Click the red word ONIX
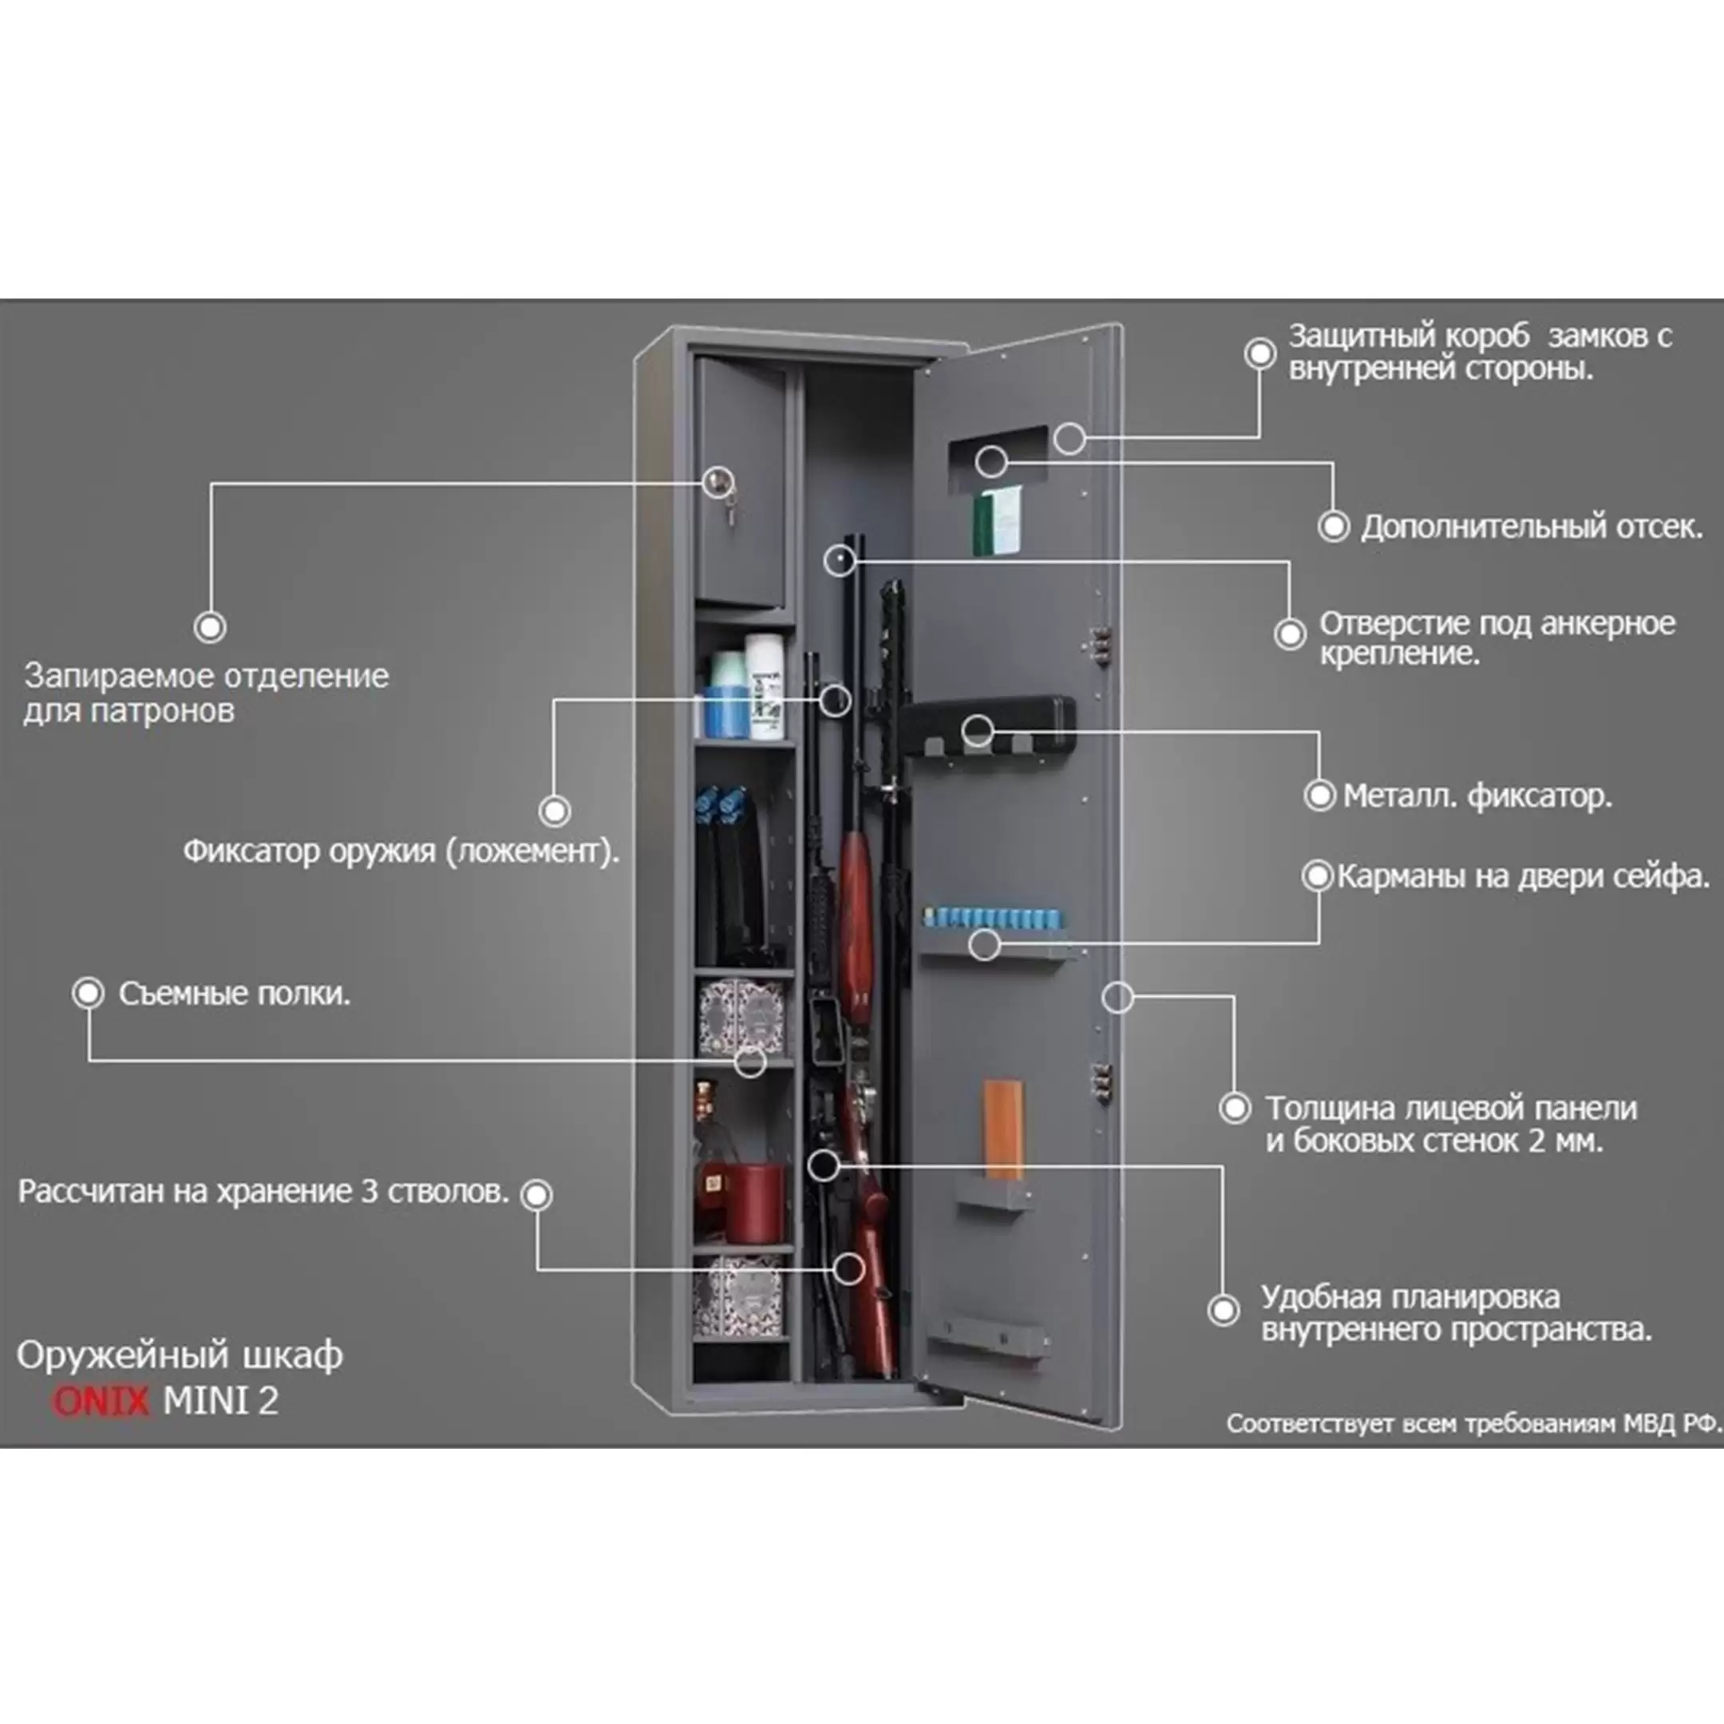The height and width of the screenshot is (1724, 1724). (x=100, y=1400)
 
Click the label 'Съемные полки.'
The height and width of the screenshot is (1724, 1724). (x=234, y=993)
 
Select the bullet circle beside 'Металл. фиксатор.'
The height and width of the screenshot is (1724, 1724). (x=1319, y=794)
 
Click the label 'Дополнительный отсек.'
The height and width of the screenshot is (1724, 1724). (x=1530, y=527)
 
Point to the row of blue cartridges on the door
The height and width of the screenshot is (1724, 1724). (x=993, y=916)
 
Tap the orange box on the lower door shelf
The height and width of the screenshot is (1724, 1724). (x=1003, y=1129)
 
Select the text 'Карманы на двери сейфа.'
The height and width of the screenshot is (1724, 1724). (x=1522, y=876)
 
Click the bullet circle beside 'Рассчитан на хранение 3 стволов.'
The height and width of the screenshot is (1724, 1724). (x=537, y=1194)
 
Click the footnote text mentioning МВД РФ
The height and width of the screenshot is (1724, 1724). (x=1473, y=1422)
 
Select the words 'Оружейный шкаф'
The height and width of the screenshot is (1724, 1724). (x=180, y=1354)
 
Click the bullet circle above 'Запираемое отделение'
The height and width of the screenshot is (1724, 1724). (x=210, y=627)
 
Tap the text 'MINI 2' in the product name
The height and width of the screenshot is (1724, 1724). (x=220, y=1400)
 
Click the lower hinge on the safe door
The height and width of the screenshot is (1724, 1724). (x=1103, y=1081)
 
